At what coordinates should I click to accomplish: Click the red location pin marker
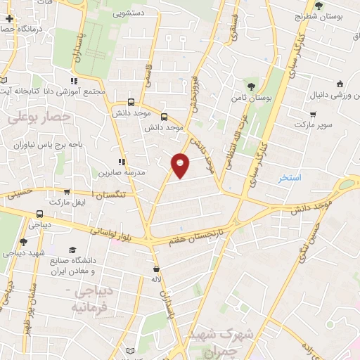181,165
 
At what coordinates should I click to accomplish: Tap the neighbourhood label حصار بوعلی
39,117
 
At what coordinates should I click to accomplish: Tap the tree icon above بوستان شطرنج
319,6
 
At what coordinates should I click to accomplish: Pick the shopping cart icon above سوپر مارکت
313,113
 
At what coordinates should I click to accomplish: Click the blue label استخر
289,178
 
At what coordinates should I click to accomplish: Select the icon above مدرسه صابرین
122,161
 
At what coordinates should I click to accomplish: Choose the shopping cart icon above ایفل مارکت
67,191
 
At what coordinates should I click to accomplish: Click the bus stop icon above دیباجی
39,213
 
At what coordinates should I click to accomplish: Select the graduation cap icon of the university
72,250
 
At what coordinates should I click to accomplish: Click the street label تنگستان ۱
108,193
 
